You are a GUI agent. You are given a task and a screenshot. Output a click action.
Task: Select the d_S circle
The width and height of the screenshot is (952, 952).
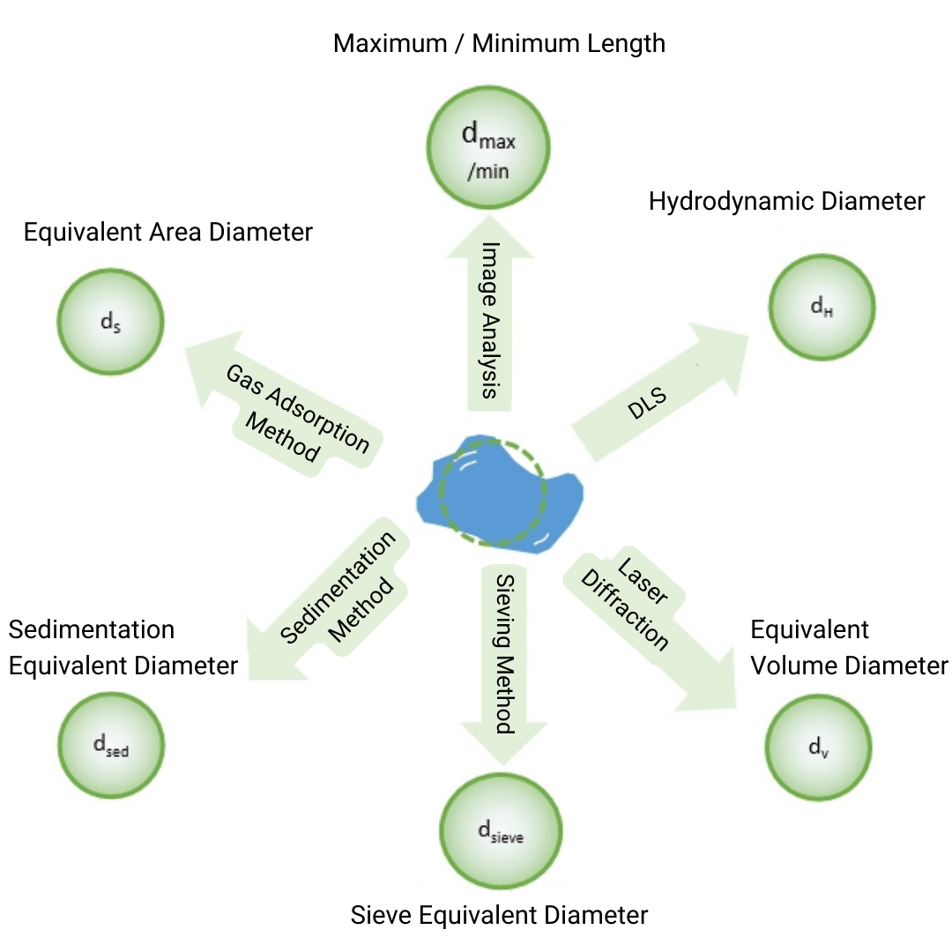click(x=111, y=322)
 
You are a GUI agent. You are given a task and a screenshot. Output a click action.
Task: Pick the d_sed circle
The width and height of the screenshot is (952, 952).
click(x=111, y=746)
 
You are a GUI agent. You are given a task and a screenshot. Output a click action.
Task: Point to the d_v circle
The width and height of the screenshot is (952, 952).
click(x=819, y=747)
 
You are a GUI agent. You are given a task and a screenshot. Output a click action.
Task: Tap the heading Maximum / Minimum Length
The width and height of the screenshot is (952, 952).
click(x=499, y=43)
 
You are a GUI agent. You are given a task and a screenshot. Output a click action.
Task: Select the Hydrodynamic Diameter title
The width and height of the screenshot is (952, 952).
click(x=786, y=202)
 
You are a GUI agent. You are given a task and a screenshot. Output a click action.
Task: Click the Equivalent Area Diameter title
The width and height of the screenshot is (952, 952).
click(x=167, y=233)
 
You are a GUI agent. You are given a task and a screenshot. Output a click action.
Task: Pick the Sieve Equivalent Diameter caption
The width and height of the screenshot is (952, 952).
click(x=499, y=915)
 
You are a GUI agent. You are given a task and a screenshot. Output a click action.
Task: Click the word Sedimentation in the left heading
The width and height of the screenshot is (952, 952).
click(x=92, y=630)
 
